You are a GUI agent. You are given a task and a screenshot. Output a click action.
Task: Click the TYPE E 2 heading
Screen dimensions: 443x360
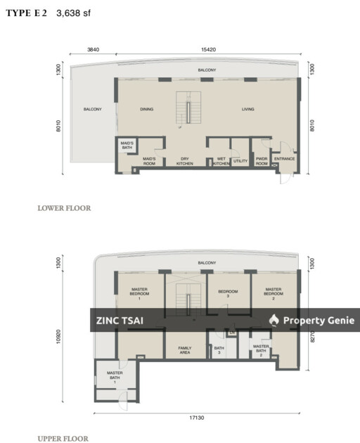coord(26,13)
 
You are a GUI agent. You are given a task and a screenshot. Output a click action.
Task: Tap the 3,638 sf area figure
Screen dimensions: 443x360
coord(73,13)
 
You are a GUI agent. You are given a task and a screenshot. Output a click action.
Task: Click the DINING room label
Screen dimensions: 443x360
coord(146,109)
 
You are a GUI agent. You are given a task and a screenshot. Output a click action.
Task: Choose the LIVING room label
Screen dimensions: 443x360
coord(248,109)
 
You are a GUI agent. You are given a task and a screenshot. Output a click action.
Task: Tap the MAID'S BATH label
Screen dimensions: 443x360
coord(127,144)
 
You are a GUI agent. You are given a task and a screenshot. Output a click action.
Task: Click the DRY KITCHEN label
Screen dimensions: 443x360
coord(186,161)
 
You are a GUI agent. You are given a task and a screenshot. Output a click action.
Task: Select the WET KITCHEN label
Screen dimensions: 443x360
coord(221,161)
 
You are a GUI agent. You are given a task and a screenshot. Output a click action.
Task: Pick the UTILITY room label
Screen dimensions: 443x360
coord(240,160)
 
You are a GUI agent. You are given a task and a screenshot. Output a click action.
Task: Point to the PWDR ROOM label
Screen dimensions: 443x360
coord(262,161)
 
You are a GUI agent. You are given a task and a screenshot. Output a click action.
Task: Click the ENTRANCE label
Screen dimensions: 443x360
coord(285,159)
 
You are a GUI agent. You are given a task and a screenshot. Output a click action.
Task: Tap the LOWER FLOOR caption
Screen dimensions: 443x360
coord(64,208)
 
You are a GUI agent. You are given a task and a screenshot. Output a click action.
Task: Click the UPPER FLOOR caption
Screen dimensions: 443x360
coord(63,438)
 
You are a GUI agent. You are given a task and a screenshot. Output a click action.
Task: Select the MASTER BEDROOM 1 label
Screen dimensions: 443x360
coord(139,293)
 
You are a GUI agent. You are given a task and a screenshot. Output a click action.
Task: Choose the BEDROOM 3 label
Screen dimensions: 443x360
coord(228,293)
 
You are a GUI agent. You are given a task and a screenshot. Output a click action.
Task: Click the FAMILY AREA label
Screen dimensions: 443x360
coord(185,349)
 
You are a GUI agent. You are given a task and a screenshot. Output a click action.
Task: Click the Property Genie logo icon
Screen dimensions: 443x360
coord(274,320)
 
